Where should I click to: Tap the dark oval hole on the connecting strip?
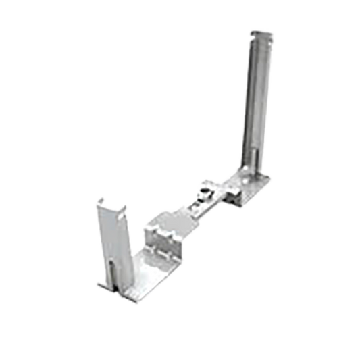[x=200, y=198]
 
